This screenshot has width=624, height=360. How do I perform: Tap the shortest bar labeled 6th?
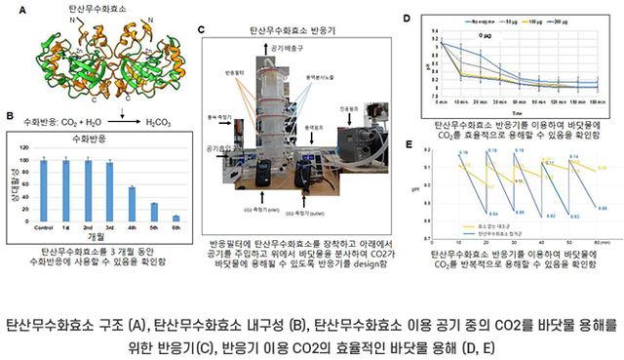click(x=175, y=220)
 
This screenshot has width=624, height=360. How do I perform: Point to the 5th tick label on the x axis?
click(x=154, y=231)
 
